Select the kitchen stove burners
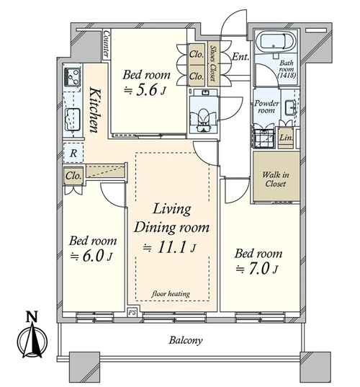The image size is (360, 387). (x=72, y=76)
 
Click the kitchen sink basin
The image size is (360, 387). (x=72, y=119)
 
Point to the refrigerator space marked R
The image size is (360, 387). (x=73, y=153)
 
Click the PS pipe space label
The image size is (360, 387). (x=132, y=313)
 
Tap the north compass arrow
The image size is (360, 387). (x=32, y=338)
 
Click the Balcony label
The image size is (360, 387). (x=186, y=340)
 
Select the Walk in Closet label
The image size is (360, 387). (x=276, y=179)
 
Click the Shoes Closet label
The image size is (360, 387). (x=212, y=64)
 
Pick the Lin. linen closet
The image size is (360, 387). (x=286, y=138)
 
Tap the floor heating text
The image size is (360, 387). (x=171, y=294)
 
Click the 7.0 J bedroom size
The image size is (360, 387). (x=257, y=269)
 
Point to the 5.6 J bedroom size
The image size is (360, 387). (x=145, y=91)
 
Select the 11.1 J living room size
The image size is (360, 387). (x=170, y=247)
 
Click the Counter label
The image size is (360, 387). (x=106, y=44)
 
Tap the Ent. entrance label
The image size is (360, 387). (x=240, y=57)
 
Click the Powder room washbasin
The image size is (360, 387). (x=290, y=107)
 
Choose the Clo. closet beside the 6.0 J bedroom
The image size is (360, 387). (x=73, y=176)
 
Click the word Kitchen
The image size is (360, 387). (x=95, y=110)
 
